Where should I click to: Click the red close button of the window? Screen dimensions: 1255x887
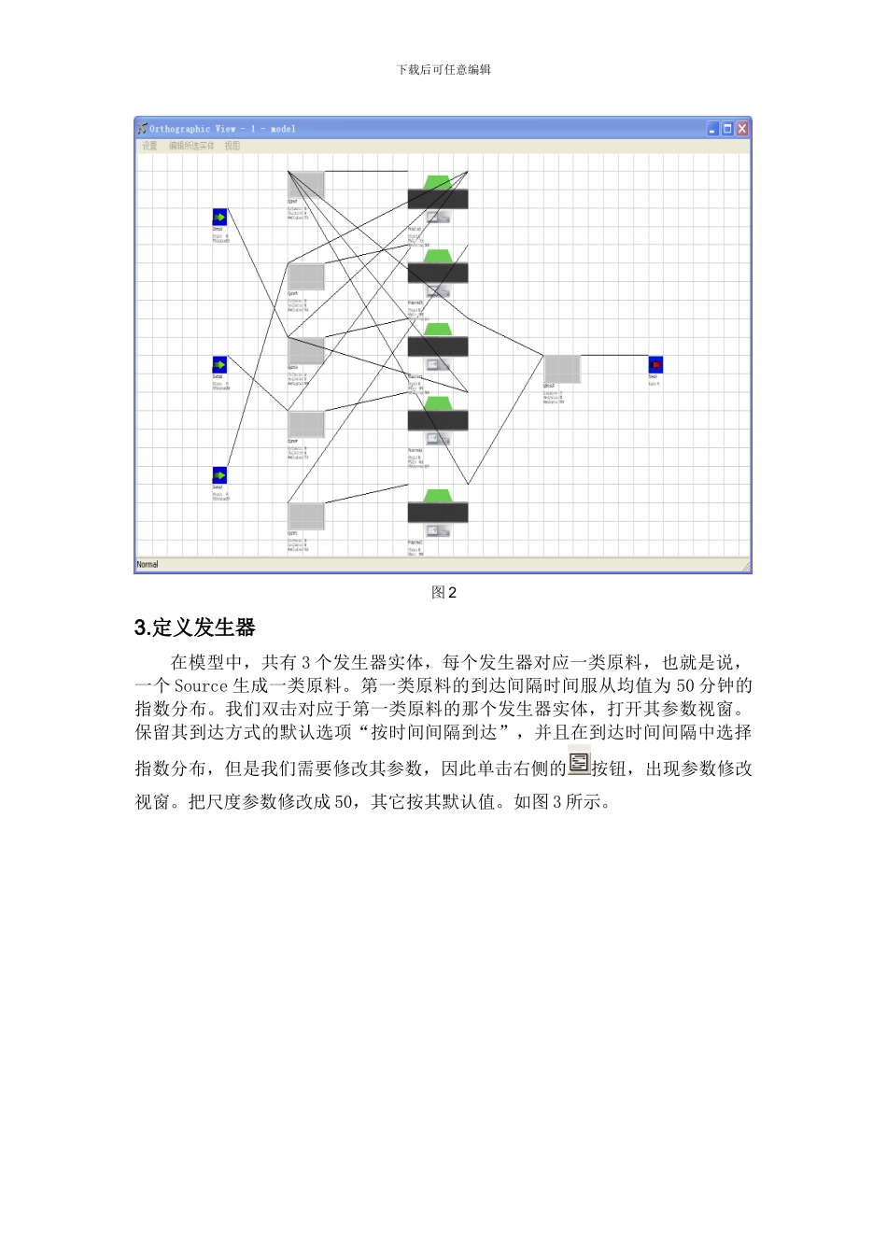pos(742,129)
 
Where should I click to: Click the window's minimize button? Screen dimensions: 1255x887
pos(712,129)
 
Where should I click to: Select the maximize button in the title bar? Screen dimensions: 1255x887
pos(727,129)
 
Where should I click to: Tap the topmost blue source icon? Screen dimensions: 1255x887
pos(219,218)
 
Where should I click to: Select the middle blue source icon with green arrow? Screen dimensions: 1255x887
pos(219,365)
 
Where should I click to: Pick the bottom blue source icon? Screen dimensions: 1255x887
pos(219,475)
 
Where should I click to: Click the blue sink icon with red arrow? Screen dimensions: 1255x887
pos(655,364)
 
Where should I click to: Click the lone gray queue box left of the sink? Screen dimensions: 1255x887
pos(562,369)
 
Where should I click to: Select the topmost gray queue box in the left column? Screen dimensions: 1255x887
pos(305,185)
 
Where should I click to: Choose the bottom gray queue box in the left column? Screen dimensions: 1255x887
pos(305,516)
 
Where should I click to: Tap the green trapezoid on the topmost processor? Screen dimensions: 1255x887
pos(438,181)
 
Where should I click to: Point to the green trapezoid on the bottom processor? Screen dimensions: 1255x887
pos(438,495)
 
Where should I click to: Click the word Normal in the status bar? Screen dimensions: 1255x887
pos(148,565)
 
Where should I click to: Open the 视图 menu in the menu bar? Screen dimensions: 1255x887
pos(232,146)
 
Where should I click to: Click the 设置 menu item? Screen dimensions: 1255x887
pos(149,146)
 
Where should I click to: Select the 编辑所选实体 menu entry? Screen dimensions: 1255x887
pos(191,146)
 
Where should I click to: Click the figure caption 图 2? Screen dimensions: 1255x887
pos(443,593)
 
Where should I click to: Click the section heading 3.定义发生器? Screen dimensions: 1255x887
pos(195,627)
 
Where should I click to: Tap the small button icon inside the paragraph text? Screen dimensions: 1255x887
pos(579,763)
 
